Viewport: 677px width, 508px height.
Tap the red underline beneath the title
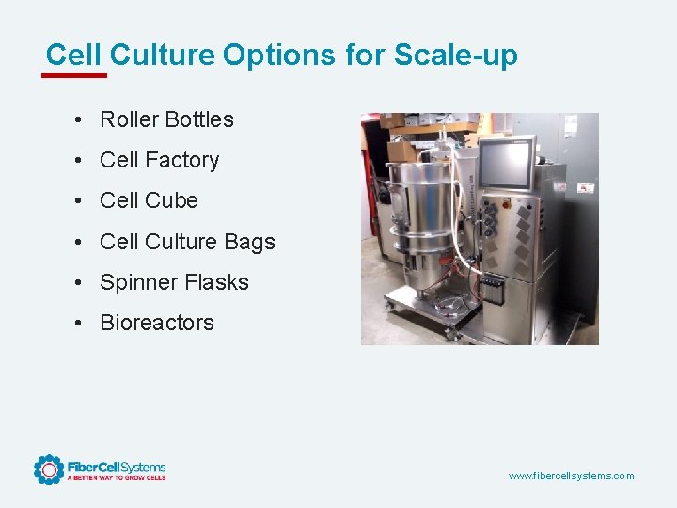click(x=77, y=75)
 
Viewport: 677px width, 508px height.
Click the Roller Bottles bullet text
click(x=166, y=119)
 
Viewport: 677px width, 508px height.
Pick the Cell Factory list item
click(x=159, y=160)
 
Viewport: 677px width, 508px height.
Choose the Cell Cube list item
click(x=149, y=200)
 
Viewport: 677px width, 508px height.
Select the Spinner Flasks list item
click(x=174, y=282)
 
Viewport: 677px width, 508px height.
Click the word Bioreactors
click(x=157, y=323)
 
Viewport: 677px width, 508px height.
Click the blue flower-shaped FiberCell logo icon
click(x=49, y=469)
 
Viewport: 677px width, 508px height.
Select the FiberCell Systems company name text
click(x=117, y=467)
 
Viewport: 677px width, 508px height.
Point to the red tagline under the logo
click(x=117, y=478)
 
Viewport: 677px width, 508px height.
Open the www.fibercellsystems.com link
click(x=571, y=476)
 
